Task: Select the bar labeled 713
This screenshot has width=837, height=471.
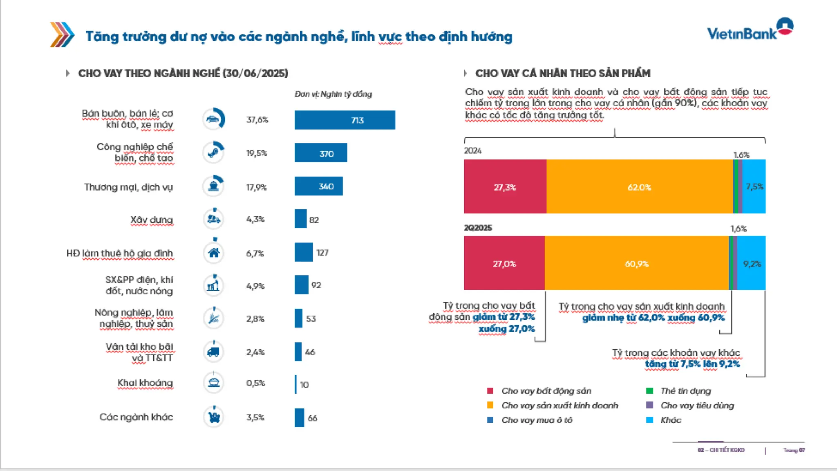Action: click(x=345, y=120)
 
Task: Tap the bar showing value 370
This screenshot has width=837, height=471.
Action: click(x=321, y=153)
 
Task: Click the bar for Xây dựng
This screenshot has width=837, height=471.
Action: click(x=300, y=219)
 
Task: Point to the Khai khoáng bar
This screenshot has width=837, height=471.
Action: click(x=295, y=384)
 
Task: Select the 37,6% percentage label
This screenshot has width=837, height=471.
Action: click(x=257, y=120)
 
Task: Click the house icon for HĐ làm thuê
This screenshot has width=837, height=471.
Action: click(x=214, y=253)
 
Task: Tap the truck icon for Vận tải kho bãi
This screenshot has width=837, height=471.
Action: click(x=213, y=352)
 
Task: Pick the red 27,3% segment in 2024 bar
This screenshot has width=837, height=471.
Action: click(x=505, y=187)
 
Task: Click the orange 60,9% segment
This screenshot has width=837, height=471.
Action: click(x=636, y=263)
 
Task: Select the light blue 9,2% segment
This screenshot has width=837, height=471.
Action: click(x=751, y=263)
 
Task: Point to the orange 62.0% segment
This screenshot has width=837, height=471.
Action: click(x=639, y=187)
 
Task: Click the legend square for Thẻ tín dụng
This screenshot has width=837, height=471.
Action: click(x=649, y=391)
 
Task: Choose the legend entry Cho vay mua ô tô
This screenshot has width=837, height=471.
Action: click(x=536, y=420)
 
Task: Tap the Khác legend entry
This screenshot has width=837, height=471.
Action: click(x=670, y=420)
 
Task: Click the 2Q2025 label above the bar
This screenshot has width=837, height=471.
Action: click(x=478, y=228)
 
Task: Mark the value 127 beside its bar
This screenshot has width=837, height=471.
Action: click(x=322, y=253)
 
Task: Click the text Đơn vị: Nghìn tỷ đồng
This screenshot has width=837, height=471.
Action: click(x=333, y=94)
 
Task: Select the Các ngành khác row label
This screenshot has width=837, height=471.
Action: click(x=136, y=417)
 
